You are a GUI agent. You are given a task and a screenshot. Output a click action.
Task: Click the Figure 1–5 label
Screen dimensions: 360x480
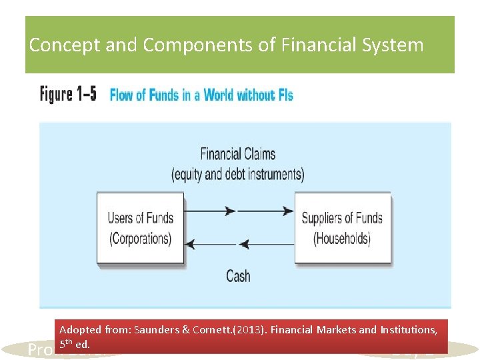coord(68,94)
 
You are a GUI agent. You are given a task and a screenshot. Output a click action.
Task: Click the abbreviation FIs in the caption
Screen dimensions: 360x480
coord(283,95)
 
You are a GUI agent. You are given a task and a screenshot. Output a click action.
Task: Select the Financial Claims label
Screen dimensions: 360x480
coord(238,154)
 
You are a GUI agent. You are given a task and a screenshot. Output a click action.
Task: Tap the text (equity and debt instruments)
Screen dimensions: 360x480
coord(238,175)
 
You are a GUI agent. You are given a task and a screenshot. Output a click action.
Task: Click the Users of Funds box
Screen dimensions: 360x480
coord(140,227)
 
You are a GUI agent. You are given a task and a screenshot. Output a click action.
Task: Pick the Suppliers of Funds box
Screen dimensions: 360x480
coord(342,227)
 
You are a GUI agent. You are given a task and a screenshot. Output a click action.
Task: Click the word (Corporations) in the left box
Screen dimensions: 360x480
coord(140,238)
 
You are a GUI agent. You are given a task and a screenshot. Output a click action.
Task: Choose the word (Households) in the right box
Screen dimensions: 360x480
coord(342,238)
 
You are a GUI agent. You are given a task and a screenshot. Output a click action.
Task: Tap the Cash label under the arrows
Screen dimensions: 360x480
coord(238,275)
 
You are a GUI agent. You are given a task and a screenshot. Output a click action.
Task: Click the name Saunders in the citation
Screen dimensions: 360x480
coord(155,330)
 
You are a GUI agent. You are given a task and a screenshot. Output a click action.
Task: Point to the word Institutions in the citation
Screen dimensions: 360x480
coord(407,330)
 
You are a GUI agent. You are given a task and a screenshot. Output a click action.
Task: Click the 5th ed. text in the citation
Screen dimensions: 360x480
coord(74,345)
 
